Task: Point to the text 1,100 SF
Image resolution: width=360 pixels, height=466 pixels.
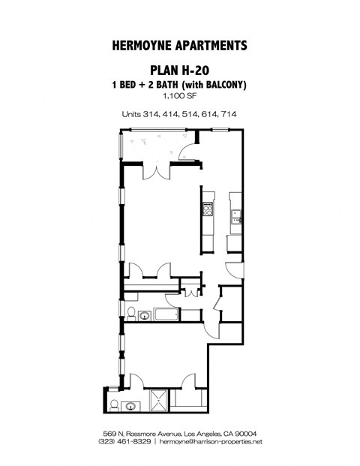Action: point(179,97)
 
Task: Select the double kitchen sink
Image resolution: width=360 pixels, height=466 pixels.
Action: point(235,216)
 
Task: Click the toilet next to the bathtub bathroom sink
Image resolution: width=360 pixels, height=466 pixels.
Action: point(131,314)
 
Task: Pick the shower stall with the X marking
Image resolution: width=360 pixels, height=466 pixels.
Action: point(159,401)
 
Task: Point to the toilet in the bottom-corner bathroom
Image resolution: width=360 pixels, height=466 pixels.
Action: point(112,405)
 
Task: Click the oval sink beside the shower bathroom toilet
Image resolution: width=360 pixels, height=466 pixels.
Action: point(131,407)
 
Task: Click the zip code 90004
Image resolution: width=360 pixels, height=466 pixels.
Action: point(246,435)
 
